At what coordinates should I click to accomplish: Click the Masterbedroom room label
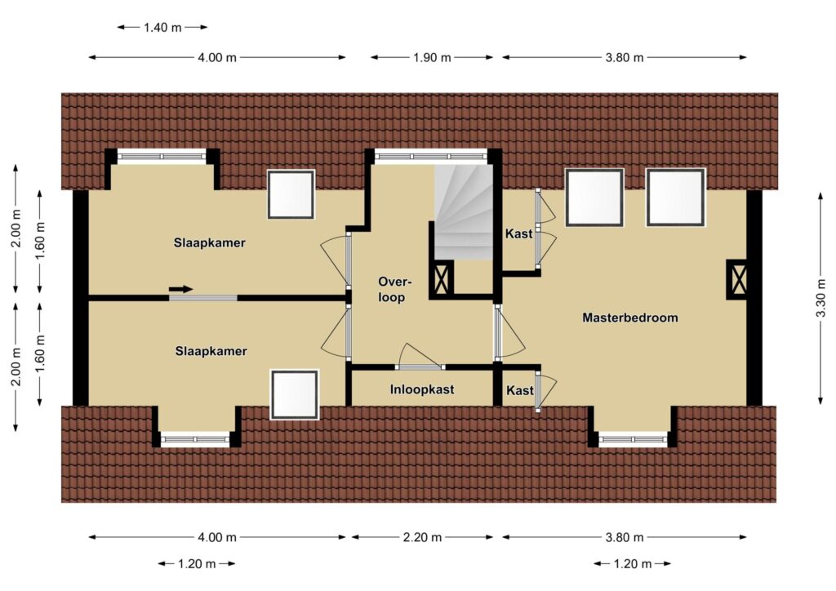click(629, 318)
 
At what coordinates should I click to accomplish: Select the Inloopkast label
click(422, 389)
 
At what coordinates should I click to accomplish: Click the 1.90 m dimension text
click(432, 58)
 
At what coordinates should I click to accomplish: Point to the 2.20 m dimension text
click(422, 537)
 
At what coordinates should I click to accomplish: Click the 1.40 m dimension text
click(162, 27)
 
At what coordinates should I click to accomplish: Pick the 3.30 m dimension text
click(821, 299)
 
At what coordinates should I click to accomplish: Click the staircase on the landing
click(463, 212)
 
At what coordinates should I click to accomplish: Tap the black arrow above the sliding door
click(180, 289)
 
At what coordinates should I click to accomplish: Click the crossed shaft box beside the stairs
click(442, 278)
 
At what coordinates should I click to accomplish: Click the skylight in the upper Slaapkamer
click(291, 194)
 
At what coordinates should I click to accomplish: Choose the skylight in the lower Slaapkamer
click(294, 394)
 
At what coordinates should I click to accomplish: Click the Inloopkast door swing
click(420, 356)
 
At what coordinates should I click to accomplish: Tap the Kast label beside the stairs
click(518, 233)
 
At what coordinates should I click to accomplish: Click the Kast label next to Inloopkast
click(520, 391)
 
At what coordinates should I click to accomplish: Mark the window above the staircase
click(431, 156)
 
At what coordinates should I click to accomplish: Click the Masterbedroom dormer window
click(633, 440)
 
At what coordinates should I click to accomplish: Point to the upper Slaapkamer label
click(210, 243)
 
